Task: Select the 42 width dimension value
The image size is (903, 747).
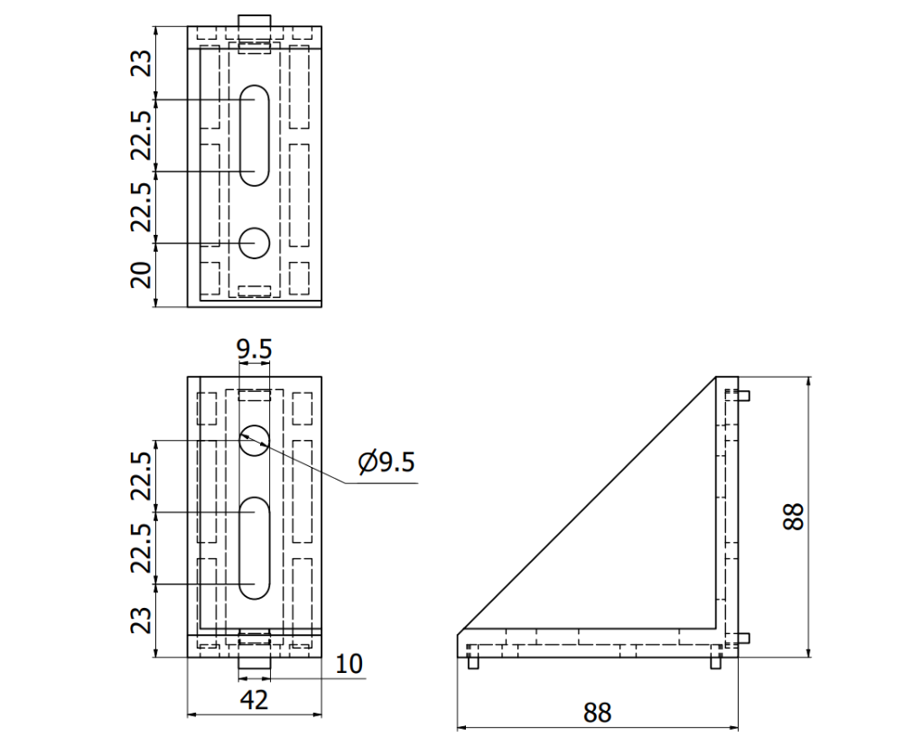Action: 256,699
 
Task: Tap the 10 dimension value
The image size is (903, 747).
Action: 349,664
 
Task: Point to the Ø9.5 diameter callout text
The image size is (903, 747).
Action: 386,462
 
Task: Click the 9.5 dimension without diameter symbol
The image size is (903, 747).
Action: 254,349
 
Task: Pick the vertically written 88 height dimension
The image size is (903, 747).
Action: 794,517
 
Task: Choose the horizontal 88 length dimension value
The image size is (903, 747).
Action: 597,712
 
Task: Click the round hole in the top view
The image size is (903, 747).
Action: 255,242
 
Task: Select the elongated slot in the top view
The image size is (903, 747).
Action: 255,135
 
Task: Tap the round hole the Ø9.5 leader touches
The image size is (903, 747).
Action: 255,439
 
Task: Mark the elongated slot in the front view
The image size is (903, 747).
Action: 255,547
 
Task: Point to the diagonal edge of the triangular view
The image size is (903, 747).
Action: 587,503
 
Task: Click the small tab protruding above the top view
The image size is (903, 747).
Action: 255,20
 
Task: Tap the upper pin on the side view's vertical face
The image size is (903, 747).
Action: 744,395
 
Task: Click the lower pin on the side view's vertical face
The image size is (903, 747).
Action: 744,639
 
